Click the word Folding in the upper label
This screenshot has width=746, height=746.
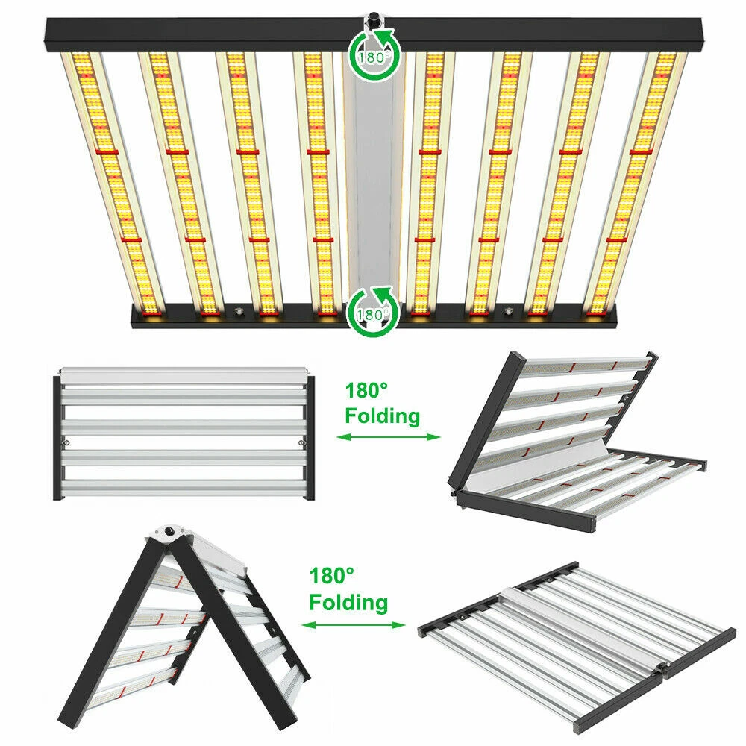pos(383,416)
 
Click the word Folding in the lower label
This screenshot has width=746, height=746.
pos(348,602)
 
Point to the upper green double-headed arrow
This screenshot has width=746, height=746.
pos(388,436)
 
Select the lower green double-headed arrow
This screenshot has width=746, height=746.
pos(353,624)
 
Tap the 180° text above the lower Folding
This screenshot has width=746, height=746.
pos(332,576)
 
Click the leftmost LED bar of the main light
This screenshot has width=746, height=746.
pos(113,184)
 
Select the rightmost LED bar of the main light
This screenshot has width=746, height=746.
pos(634,184)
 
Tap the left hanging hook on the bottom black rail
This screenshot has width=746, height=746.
pos(238,312)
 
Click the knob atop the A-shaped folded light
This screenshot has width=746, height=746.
pos(169,530)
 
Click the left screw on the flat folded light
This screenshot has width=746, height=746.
pos(66,443)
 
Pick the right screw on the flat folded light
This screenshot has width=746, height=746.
pos(301,443)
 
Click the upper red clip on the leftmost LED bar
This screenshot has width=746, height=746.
pos(107,151)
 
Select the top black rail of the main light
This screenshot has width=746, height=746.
pos(374,34)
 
